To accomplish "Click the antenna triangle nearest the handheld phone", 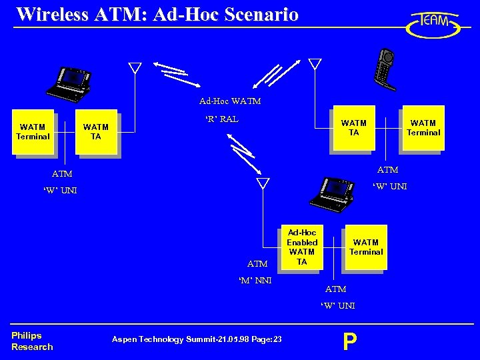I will (315, 65).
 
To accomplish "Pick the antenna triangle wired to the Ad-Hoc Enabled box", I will (263, 183).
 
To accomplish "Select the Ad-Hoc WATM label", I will (230, 101).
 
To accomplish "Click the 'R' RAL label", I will (221, 119).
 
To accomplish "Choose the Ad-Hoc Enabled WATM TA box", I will (301, 247).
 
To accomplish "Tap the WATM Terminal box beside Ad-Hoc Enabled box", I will (365, 247).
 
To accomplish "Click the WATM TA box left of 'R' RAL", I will (96, 131).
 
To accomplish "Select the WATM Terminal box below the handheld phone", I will (423, 127).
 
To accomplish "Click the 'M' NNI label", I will (255, 280).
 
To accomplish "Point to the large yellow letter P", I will (349, 341).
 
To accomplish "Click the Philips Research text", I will (31, 341).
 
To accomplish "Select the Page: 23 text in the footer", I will (267, 340).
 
